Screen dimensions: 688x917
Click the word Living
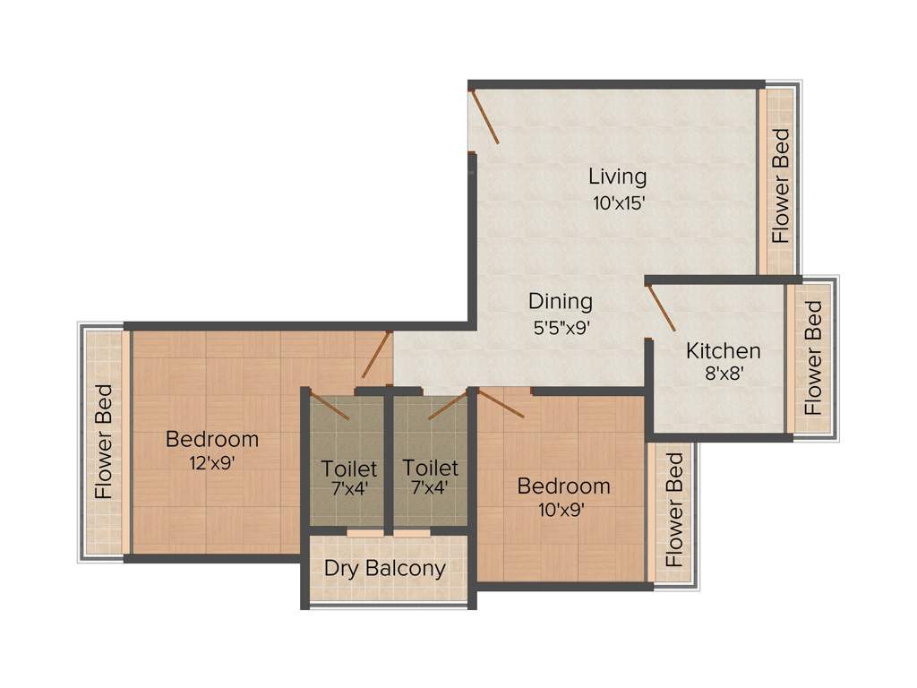coord(617,176)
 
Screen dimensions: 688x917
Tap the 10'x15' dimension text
coord(618,202)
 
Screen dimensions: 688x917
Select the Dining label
coord(560,301)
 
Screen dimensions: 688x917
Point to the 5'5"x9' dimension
coord(561,328)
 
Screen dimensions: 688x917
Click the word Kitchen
coord(723,350)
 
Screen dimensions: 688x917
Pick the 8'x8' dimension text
coord(723,375)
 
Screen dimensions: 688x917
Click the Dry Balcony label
coord(385,569)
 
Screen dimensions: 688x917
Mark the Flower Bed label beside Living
coord(781,186)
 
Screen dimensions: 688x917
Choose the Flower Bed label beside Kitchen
coord(813,357)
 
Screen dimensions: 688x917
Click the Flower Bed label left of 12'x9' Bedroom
coord(105,441)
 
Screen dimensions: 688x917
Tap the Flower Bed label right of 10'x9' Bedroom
coord(674,510)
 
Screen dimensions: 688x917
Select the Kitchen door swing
coord(661,309)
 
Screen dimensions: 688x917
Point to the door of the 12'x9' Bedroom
coord(377,355)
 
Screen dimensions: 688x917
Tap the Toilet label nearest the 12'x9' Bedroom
coord(349,469)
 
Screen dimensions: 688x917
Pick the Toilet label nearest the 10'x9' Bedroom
coord(430,468)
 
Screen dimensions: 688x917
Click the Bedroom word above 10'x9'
coord(563,486)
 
